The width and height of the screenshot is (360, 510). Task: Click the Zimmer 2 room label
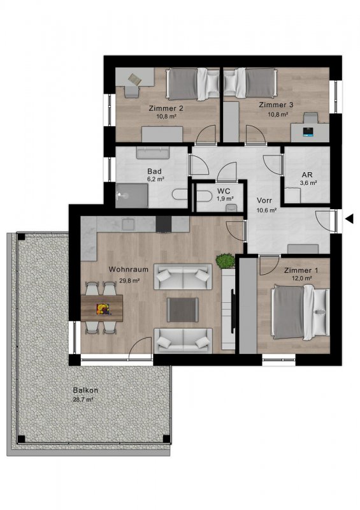(166, 108)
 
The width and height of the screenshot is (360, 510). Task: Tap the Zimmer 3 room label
(276, 105)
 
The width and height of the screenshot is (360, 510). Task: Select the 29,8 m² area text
(129, 280)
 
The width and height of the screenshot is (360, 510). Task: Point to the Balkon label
(85, 390)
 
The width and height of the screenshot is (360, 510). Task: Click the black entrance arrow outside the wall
(350, 219)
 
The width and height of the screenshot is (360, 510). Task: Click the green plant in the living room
(226, 261)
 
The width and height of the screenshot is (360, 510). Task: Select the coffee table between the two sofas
(182, 310)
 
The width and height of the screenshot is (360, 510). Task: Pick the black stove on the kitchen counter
(164, 224)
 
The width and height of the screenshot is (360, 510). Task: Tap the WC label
(224, 191)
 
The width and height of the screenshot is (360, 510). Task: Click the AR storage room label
(307, 175)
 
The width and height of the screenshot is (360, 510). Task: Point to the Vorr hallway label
(264, 200)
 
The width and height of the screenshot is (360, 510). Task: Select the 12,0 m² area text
(302, 279)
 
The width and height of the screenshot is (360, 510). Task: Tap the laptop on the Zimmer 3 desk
(308, 131)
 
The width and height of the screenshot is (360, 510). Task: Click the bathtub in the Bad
(152, 152)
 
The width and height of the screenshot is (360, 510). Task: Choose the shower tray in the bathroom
(132, 196)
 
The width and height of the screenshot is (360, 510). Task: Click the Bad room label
(154, 171)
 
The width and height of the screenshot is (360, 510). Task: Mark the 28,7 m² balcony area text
(83, 400)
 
